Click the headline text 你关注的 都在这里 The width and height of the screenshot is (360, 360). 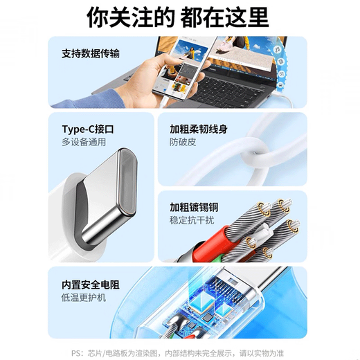point(179,17)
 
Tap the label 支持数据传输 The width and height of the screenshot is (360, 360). point(90,53)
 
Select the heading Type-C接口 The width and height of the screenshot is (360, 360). point(88,129)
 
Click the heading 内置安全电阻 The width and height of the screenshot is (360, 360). point(90,284)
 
